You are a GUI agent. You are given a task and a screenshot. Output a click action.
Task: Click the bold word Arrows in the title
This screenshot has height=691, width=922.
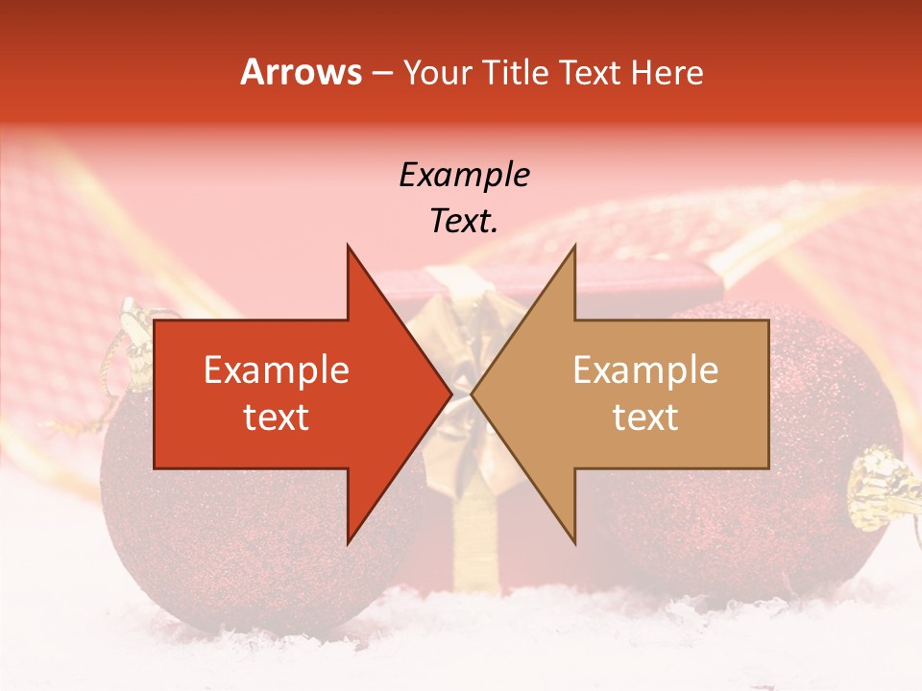click(x=302, y=72)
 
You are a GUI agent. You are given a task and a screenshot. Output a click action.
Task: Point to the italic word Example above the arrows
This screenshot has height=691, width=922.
click(x=464, y=176)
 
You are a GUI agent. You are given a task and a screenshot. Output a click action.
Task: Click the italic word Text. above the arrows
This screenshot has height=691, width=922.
click(x=464, y=222)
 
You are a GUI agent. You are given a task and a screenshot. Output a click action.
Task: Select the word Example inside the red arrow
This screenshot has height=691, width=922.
click(x=277, y=370)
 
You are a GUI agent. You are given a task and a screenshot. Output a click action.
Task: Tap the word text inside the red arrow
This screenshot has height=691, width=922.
click(x=277, y=417)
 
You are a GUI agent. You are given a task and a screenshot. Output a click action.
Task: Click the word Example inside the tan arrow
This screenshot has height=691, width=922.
click(x=645, y=370)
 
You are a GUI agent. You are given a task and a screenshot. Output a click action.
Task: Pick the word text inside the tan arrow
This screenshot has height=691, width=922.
click(x=645, y=417)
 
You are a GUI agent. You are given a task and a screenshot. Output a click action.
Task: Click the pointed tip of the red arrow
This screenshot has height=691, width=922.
click(x=449, y=393)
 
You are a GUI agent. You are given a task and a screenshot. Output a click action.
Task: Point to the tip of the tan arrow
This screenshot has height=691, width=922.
click(x=474, y=393)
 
